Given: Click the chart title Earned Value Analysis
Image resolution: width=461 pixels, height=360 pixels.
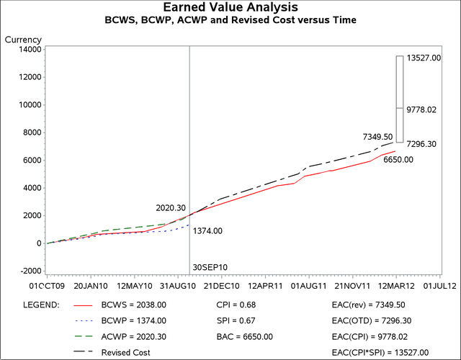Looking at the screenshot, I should (231, 8).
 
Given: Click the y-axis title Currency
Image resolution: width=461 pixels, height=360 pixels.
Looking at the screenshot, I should (23, 39).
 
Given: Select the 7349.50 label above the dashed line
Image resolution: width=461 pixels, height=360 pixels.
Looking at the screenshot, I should (377, 137).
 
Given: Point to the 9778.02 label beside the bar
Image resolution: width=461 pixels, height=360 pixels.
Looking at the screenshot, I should (422, 110).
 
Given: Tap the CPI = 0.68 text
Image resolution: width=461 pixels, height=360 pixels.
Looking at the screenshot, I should (234, 305).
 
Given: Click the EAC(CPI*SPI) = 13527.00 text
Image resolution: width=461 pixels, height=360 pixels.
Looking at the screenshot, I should (380, 352).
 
